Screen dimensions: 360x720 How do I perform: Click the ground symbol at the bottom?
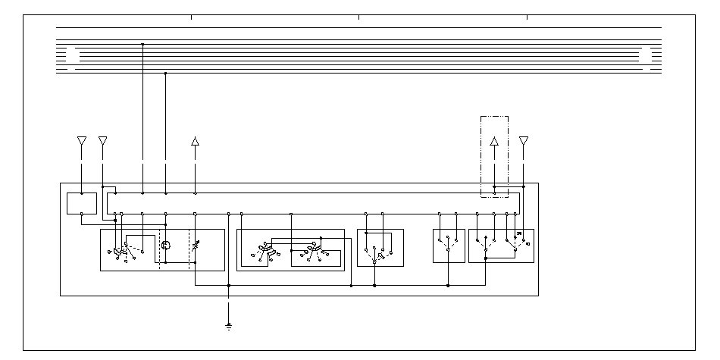tap(228, 327)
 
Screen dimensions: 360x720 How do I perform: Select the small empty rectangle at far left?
tap(81, 203)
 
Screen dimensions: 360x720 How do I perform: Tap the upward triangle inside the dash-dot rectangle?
tap(494, 141)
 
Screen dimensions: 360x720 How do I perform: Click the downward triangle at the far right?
tap(523, 141)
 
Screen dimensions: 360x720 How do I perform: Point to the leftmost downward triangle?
tap(82, 141)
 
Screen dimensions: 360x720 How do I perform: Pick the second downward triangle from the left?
tap(103, 141)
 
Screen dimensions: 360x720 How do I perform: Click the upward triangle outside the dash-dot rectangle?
tap(195, 141)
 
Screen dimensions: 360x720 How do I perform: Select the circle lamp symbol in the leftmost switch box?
tap(167, 245)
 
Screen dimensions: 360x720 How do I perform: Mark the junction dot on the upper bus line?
tap(142, 44)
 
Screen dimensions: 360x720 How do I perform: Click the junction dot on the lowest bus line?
tap(166, 73)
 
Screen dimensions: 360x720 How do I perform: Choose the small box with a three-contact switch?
tap(448, 246)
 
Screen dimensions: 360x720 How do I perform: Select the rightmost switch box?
tap(501, 246)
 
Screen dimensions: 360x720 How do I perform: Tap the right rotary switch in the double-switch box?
tap(311, 252)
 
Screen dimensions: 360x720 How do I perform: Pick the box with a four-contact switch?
tap(380, 247)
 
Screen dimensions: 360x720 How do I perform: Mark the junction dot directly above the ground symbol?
tap(228, 286)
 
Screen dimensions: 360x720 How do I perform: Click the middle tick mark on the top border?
tap(359, 17)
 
